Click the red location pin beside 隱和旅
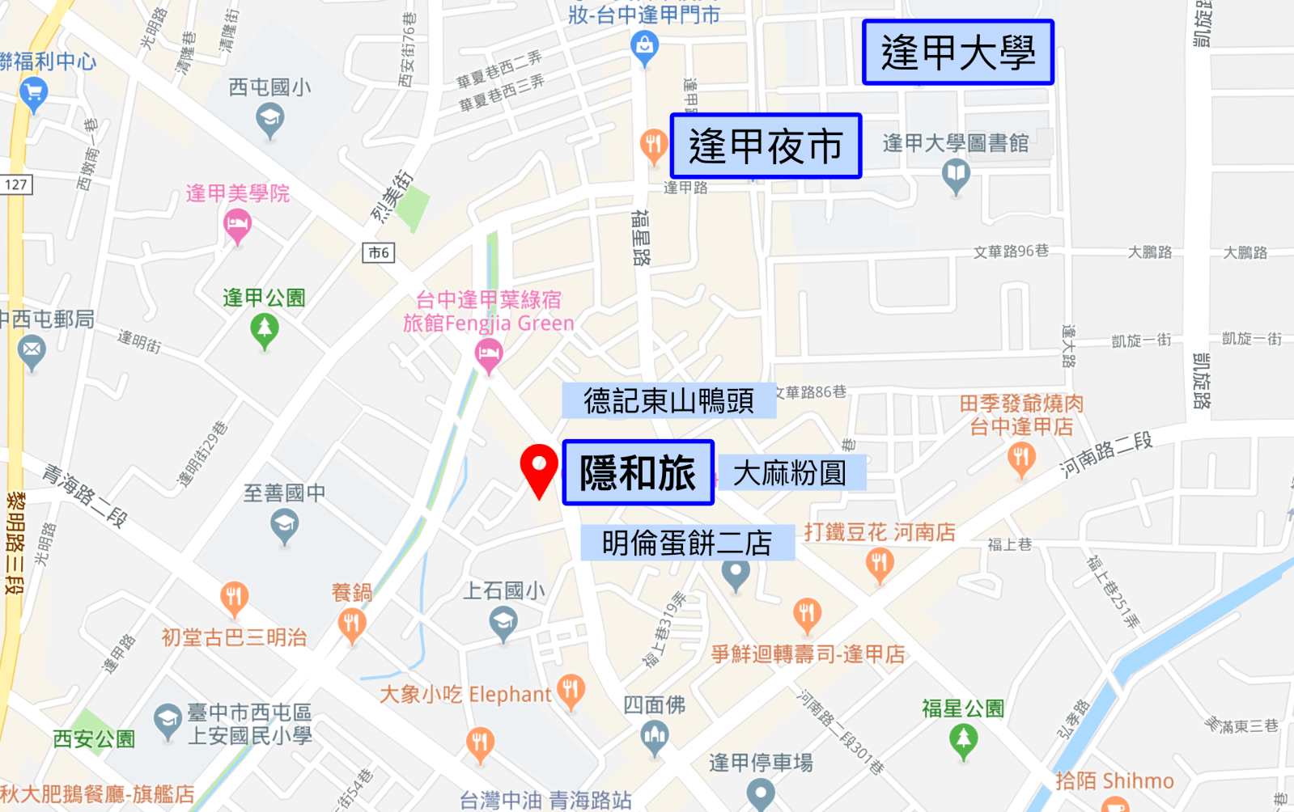pyautogui.click(x=539, y=467)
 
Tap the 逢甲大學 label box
pyautogui.click(x=957, y=53)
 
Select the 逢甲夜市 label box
pyautogui.click(x=766, y=146)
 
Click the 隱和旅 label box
pyautogui.click(x=638, y=472)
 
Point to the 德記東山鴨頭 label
pyautogui.click(x=668, y=401)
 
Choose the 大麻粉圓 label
pyautogui.click(x=790, y=473)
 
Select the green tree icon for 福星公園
pyautogui.click(x=962, y=739)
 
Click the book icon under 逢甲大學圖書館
pyautogui.click(x=956, y=174)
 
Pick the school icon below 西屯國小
pyautogui.click(x=269, y=121)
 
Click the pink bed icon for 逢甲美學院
pyautogui.click(x=237, y=223)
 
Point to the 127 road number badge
pyautogui.click(x=15, y=184)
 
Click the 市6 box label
pyautogui.click(x=378, y=253)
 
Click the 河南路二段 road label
pyautogui.click(x=1105, y=454)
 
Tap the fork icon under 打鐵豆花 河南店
pyautogui.click(x=879, y=563)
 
